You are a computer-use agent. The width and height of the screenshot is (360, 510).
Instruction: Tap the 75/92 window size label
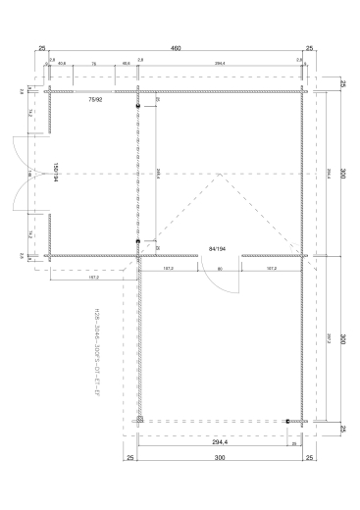click(x=95, y=99)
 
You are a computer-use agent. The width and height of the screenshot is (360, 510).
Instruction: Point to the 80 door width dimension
click(x=220, y=268)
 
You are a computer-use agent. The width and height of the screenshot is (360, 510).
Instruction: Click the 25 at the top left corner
click(x=43, y=47)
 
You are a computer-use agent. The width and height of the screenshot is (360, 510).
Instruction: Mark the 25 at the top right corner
click(x=310, y=47)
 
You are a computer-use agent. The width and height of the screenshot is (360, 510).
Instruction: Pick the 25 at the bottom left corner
click(x=129, y=458)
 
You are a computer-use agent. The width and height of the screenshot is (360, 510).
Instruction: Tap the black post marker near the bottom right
click(x=287, y=421)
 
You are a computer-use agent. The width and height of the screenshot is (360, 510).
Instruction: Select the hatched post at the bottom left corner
click(x=139, y=420)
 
